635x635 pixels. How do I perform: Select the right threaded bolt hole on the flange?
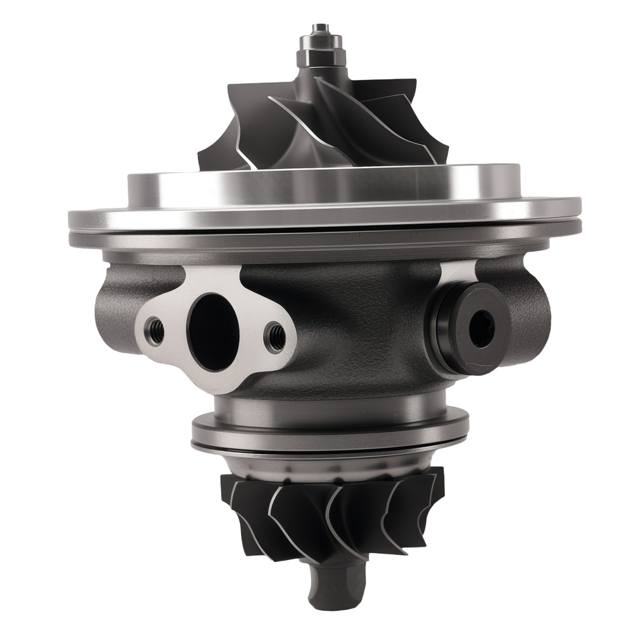(x=275, y=335)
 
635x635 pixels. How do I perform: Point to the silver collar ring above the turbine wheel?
(x=330, y=432)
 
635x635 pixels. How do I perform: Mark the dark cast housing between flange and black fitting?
(x=356, y=324)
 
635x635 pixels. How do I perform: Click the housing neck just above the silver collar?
(x=330, y=400)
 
